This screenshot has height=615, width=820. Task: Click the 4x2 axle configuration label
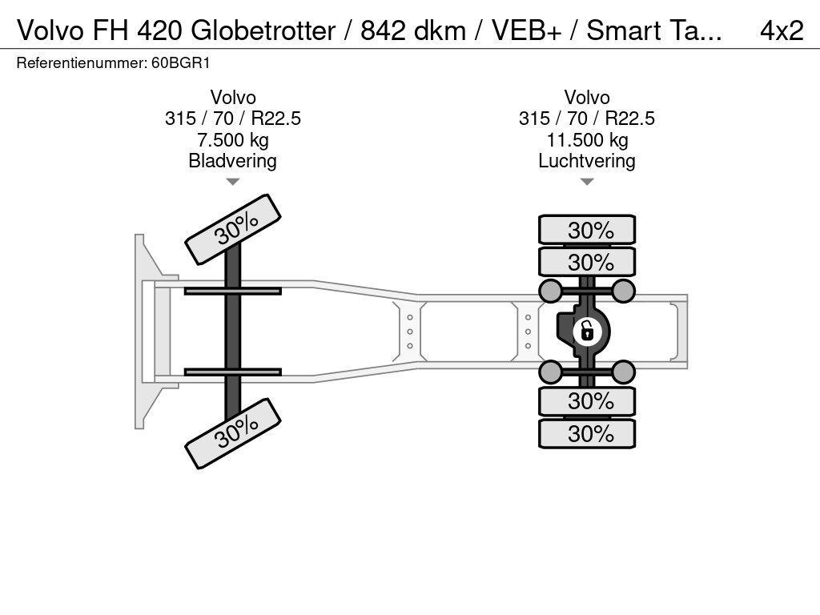point(781,30)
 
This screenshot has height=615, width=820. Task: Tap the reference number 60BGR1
point(181,62)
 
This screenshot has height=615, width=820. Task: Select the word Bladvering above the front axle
point(232,160)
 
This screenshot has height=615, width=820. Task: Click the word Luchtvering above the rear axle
point(587,160)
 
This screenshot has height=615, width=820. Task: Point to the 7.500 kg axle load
point(232,140)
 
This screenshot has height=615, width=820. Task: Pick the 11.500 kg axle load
point(587,140)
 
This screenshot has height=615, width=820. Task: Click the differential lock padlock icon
point(586,330)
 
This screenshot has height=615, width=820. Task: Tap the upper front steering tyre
point(233,228)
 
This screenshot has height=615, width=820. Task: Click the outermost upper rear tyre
point(587,230)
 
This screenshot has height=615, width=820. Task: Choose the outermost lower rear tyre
point(587,433)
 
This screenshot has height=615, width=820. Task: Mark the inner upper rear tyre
point(587,262)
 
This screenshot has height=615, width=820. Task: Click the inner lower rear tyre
point(587,400)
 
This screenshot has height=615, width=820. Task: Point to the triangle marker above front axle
point(232,182)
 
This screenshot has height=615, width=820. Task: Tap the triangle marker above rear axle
point(587,182)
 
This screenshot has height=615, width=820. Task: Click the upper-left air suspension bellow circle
point(550,290)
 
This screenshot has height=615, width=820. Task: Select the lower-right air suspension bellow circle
point(623,371)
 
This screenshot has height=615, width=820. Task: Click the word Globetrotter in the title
point(263,30)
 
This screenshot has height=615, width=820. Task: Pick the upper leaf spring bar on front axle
point(232,291)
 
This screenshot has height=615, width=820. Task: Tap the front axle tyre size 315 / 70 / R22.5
point(232,119)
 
